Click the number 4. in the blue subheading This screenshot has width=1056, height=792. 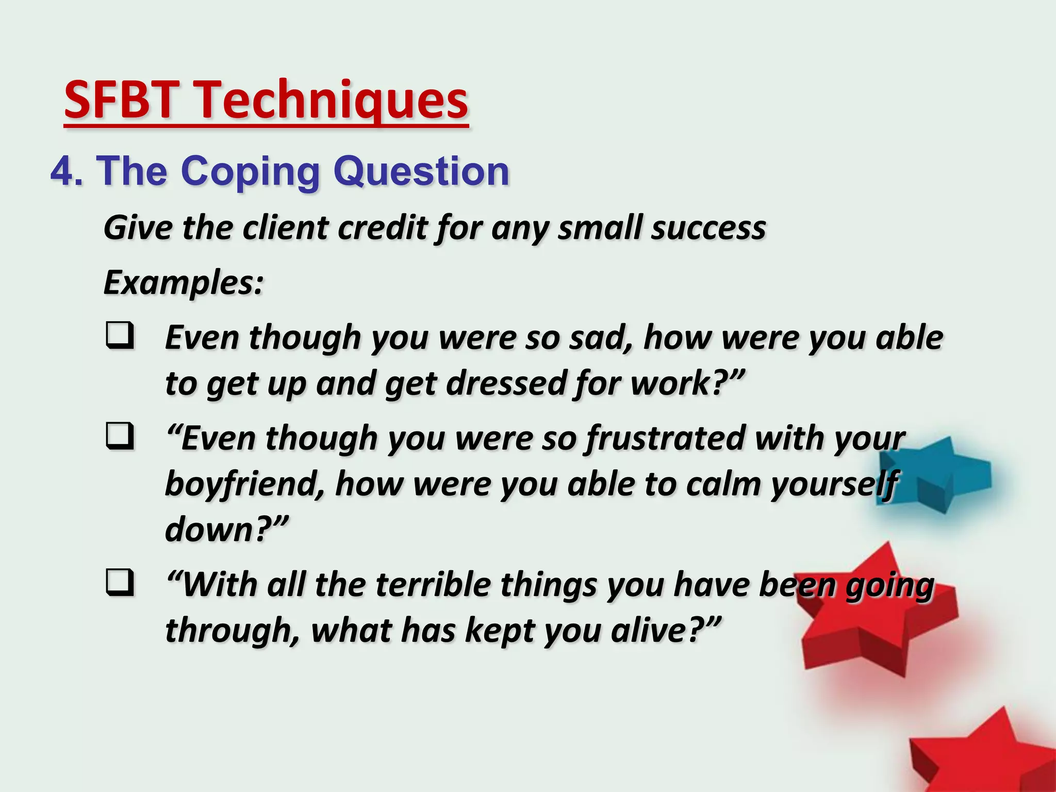(x=67, y=171)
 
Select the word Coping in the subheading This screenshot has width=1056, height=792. (x=251, y=172)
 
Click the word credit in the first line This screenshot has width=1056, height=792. (x=382, y=227)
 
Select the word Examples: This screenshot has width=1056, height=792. (x=184, y=283)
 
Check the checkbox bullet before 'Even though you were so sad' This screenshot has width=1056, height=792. (x=120, y=336)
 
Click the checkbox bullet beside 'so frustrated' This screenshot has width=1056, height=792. (x=120, y=436)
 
